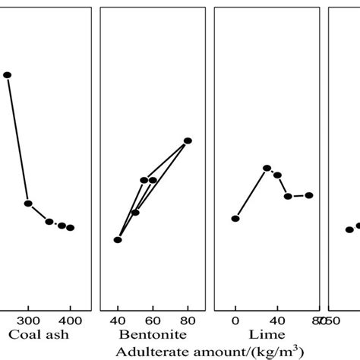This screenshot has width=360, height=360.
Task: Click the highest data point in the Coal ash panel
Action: click(x=8, y=74)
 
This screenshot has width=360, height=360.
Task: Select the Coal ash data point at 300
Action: click(x=28, y=204)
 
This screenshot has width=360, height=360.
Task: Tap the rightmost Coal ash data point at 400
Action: click(x=70, y=228)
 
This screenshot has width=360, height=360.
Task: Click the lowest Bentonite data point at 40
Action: click(x=118, y=240)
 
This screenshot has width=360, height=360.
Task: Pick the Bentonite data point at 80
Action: click(x=188, y=141)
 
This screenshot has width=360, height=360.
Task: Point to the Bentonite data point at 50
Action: click(x=135, y=212)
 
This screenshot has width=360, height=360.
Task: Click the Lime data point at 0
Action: click(x=235, y=219)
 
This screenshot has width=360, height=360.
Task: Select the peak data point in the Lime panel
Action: click(x=267, y=168)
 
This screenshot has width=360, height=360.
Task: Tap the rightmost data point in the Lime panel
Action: click(x=309, y=195)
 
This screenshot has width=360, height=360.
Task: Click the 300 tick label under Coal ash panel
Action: click(x=28, y=320)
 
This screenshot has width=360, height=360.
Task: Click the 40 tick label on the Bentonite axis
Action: click(x=118, y=320)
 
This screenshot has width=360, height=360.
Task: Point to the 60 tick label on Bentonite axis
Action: click(x=153, y=320)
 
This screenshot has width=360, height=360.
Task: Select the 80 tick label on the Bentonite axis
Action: click(x=188, y=320)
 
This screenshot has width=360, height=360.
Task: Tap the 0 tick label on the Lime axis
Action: click(x=235, y=320)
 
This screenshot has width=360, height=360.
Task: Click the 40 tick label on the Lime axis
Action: click(x=277, y=320)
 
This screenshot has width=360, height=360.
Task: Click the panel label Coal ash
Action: click(x=35, y=335)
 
